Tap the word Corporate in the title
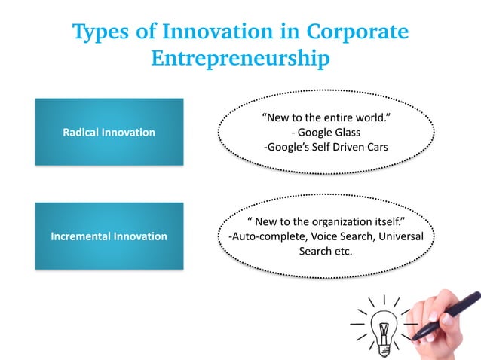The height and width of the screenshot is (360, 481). click(357, 32)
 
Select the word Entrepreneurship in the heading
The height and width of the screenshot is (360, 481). click(240, 58)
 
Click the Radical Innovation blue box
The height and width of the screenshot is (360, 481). click(109, 132)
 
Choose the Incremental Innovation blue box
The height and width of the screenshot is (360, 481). click(109, 236)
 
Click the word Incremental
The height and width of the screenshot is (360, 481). click(80, 236)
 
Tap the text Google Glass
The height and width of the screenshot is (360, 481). click(329, 133)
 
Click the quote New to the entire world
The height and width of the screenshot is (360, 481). click(325, 118)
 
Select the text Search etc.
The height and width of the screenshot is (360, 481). click(325, 251)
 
